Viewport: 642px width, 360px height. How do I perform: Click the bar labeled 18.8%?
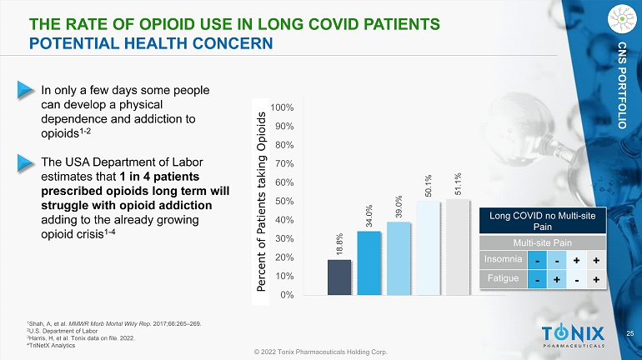pyautogui.click(x=339, y=277)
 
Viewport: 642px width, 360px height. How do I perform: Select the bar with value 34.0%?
pyautogui.click(x=369, y=262)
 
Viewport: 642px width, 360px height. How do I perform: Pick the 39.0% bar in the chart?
pyautogui.click(x=399, y=258)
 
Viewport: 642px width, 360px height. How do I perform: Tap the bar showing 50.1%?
pyautogui.click(x=429, y=247)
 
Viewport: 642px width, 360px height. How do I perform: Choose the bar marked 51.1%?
pyautogui.click(x=458, y=247)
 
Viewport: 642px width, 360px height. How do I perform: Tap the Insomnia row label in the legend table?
pyautogui.click(x=505, y=259)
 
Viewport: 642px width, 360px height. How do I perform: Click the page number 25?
pyautogui.click(x=629, y=333)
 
